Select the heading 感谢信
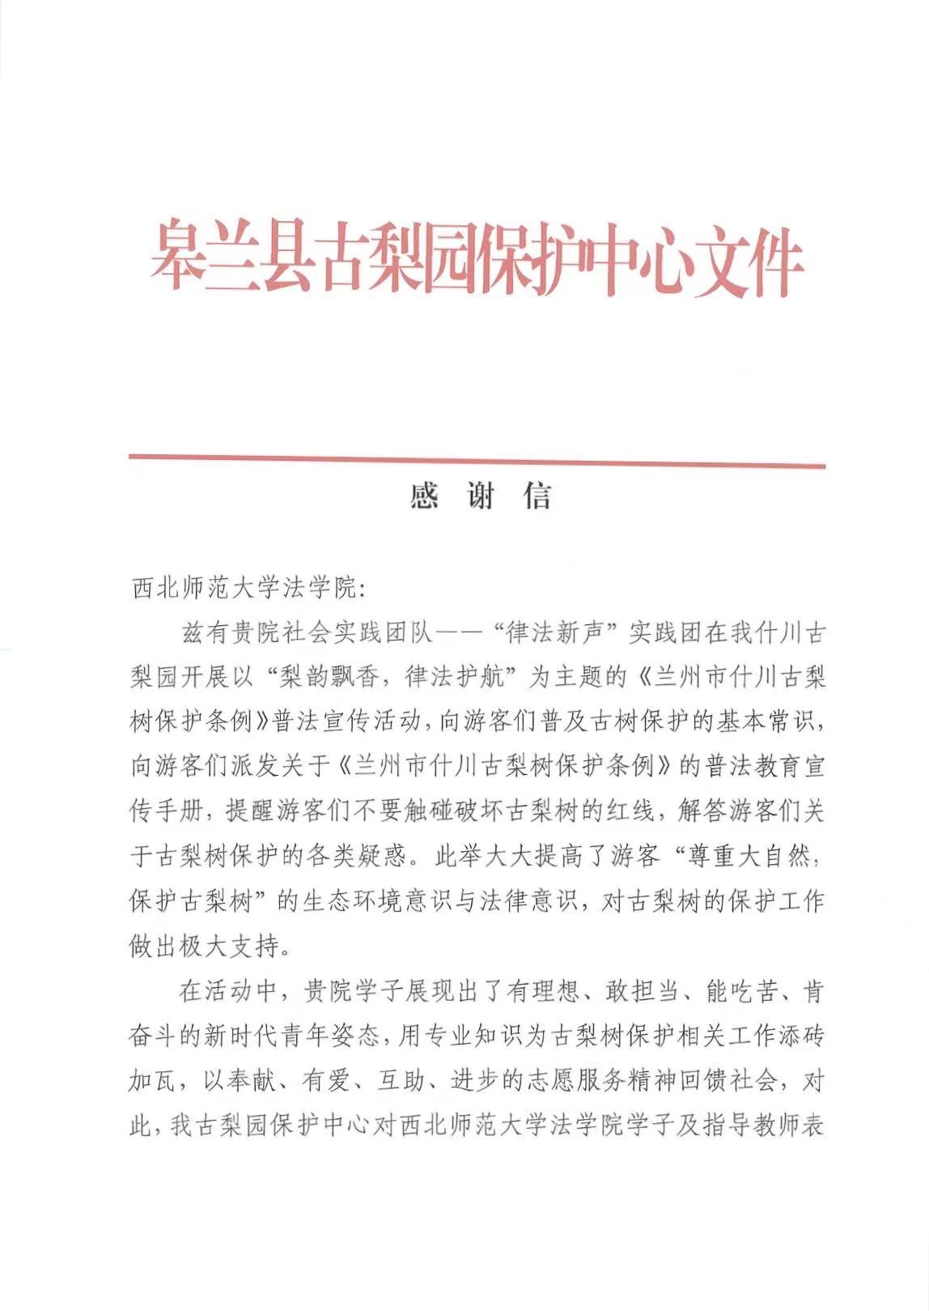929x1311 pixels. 481,496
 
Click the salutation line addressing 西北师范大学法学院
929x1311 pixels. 249,589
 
